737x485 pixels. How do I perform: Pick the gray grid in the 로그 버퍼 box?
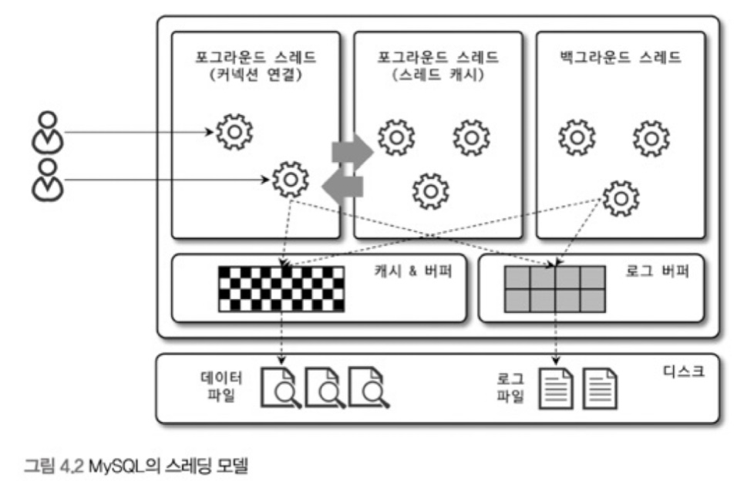[554, 288]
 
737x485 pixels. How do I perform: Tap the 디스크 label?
[684, 371]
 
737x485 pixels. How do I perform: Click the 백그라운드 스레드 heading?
[622, 58]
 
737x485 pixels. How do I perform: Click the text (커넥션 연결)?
[255, 76]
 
